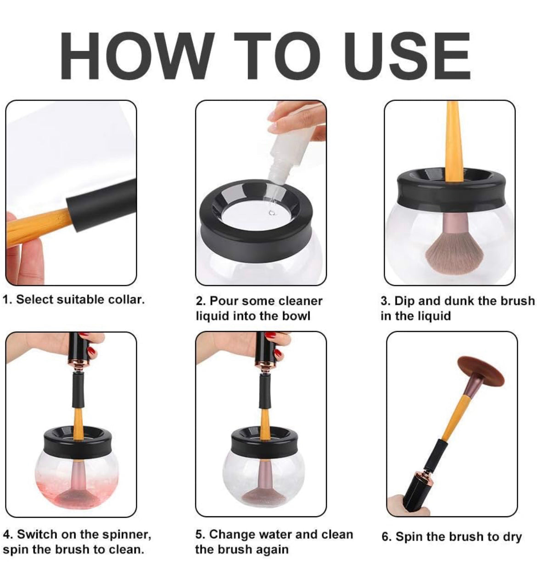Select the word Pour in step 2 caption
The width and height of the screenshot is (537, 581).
(x=224, y=301)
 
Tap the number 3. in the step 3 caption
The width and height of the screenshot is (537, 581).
(x=385, y=301)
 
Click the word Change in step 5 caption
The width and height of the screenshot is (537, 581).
(x=231, y=535)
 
